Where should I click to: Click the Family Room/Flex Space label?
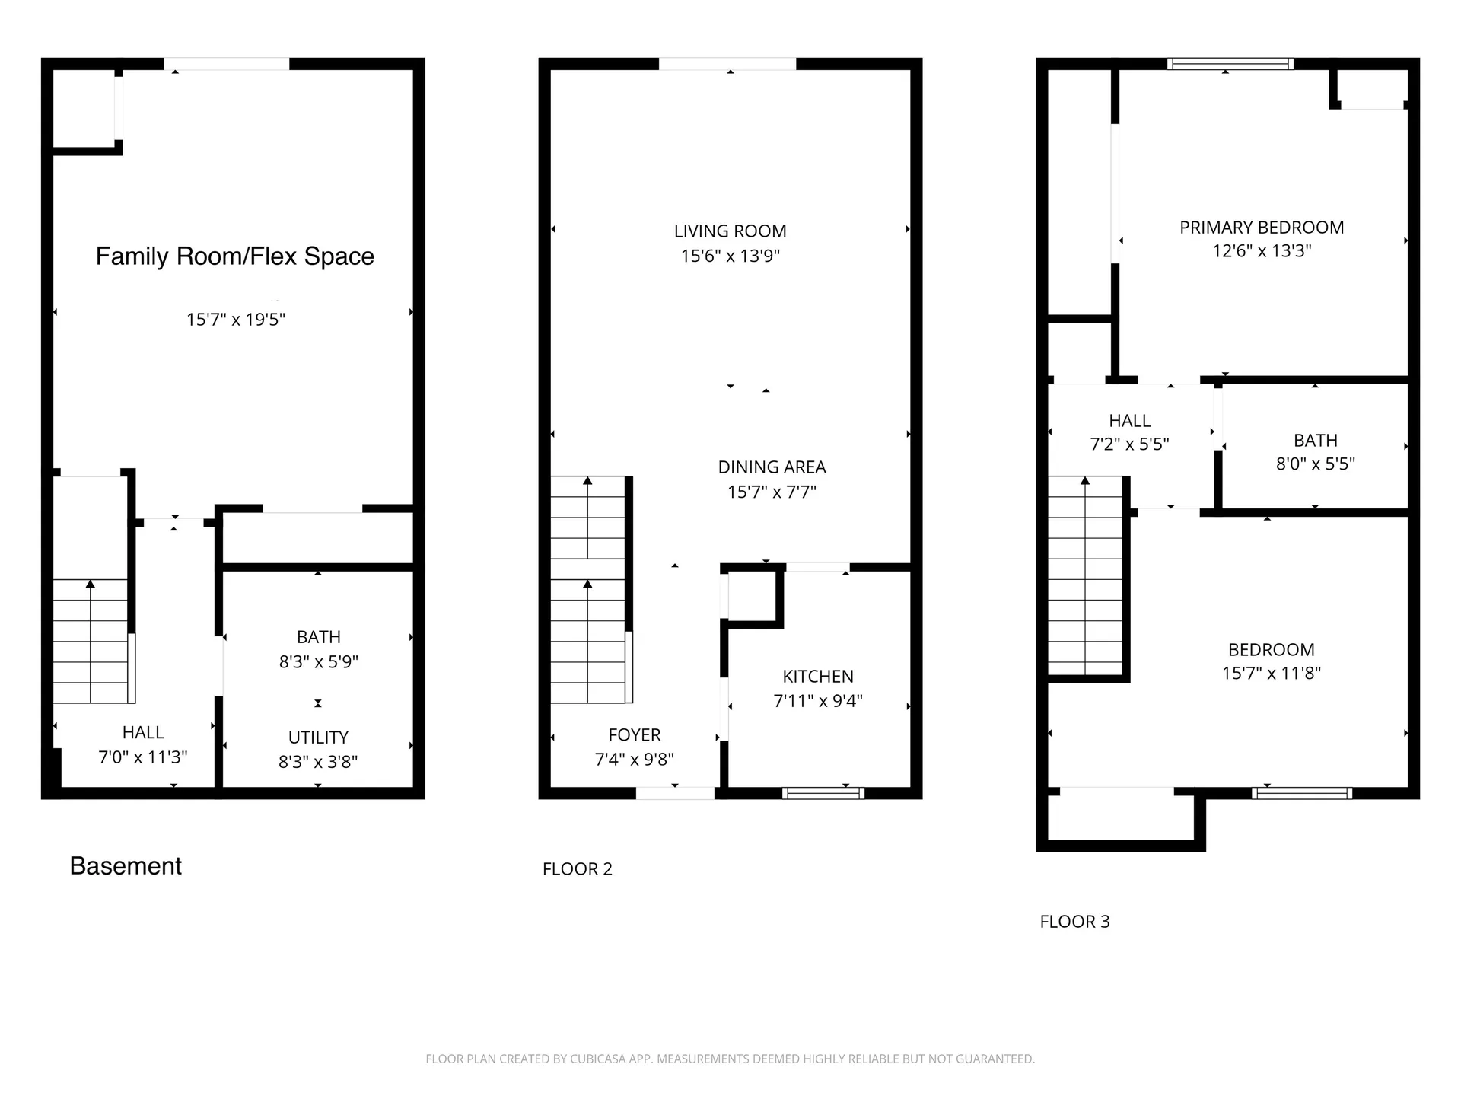[234, 256]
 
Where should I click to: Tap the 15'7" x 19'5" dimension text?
[235, 320]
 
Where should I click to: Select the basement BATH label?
[318, 637]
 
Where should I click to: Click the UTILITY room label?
[318, 738]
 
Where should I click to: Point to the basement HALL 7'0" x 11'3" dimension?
[143, 757]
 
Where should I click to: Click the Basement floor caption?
[126, 866]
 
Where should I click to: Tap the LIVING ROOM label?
[730, 231]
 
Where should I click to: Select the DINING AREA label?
[772, 467]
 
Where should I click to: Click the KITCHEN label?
[818, 677]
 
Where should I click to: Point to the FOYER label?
[634, 735]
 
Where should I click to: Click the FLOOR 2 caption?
[577, 869]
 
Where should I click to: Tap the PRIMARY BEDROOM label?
[1262, 228]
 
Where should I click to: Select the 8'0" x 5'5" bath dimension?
[1315, 464]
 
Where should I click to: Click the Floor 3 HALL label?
[1129, 421]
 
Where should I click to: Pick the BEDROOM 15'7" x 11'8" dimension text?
[1271, 673]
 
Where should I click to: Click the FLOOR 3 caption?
[1074, 922]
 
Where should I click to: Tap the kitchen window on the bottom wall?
[823, 793]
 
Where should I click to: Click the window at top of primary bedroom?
[1230, 64]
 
